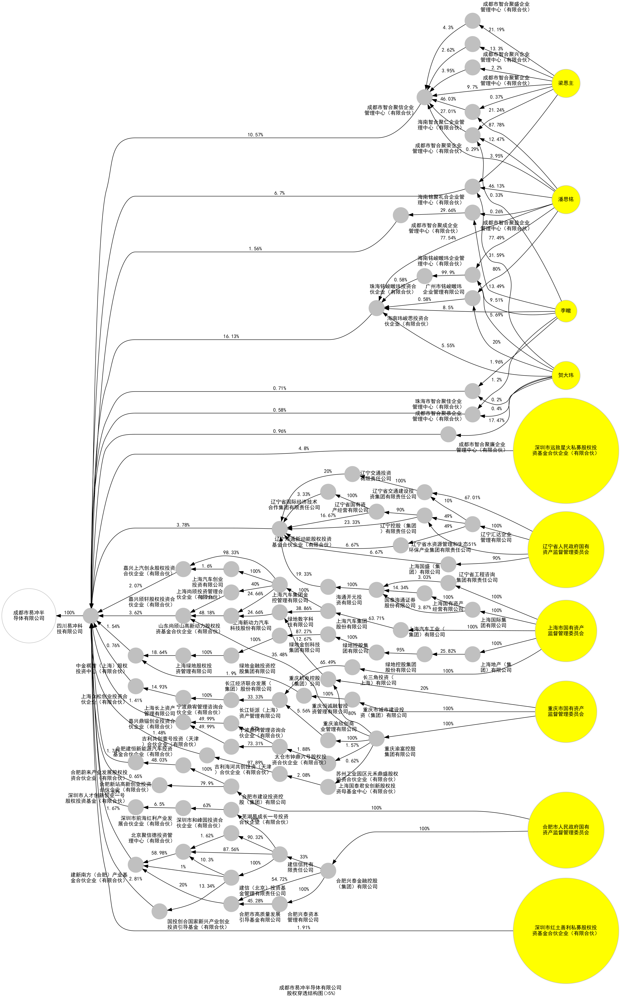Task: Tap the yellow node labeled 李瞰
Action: click(566, 311)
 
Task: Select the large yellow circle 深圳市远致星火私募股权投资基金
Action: click(566, 451)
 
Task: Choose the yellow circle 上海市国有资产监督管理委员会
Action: click(566, 630)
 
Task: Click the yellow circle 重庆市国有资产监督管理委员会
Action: click(566, 711)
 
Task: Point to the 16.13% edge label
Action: click(231, 336)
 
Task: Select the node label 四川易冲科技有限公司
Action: click(70, 629)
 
